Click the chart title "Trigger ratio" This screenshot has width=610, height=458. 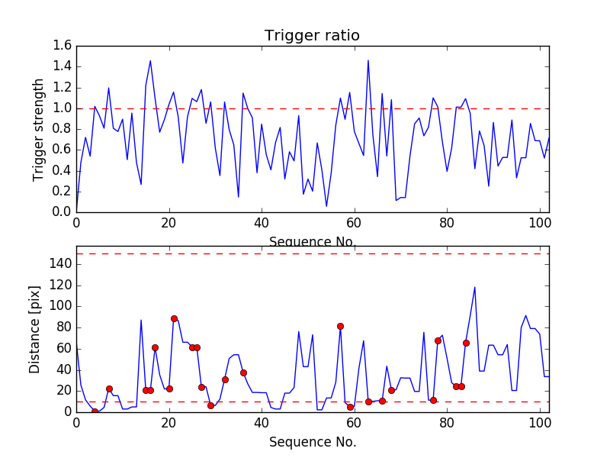click(312, 36)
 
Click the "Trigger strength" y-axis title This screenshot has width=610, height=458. click(39, 129)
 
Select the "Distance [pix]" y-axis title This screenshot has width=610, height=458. click(35, 329)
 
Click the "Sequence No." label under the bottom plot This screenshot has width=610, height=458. click(312, 442)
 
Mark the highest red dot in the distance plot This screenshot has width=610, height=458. click(174, 318)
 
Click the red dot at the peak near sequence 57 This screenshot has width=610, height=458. click(340, 326)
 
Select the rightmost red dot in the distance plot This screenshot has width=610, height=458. click(466, 343)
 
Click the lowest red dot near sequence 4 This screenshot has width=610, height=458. click(95, 411)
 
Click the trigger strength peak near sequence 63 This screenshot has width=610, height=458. click(368, 60)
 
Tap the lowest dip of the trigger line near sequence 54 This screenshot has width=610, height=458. click(326, 206)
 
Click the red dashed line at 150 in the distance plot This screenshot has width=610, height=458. click(313, 253)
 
